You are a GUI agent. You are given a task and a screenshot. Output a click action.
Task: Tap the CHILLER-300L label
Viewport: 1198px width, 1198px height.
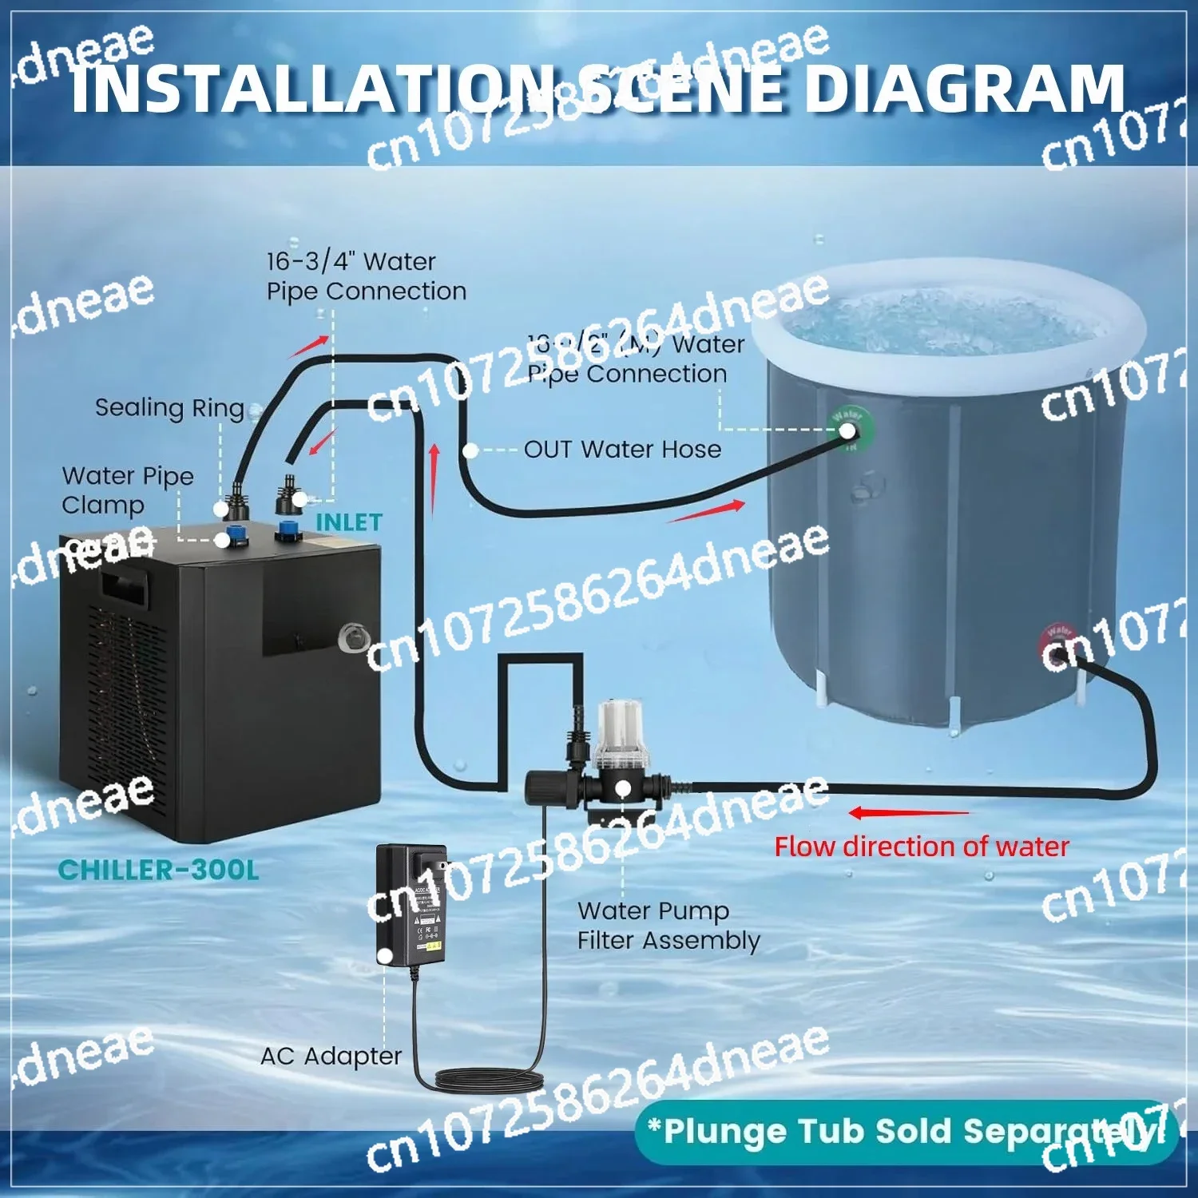click(x=159, y=870)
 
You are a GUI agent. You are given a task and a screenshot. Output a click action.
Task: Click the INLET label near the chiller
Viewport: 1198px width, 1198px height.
click(x=349, y=522)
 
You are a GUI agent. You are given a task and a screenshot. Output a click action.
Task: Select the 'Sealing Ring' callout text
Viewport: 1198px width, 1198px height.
click(x=169, y=408)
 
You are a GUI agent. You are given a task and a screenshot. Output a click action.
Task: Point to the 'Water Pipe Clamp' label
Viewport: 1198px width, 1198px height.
click(x=127, y=490)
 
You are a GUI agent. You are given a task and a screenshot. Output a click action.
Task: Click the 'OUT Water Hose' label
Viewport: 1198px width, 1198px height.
click(x=622, y=450)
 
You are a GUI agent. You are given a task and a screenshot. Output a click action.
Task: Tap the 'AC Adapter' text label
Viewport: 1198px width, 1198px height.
click(x=331, y=1056)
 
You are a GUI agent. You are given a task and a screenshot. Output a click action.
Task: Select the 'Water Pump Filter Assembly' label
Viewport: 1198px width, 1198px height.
click(x=668, y=926)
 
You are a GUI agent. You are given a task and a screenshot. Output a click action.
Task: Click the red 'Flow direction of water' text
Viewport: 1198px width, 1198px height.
click(x=922, y=847)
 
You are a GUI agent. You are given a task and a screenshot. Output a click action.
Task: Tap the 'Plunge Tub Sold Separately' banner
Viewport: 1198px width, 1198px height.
click(x=906, y=1132)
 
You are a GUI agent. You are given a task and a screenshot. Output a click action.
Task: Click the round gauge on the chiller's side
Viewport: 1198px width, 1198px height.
click(x=353, y=637)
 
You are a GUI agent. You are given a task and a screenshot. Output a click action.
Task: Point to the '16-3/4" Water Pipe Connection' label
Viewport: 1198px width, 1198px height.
click(x=366, y=276)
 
